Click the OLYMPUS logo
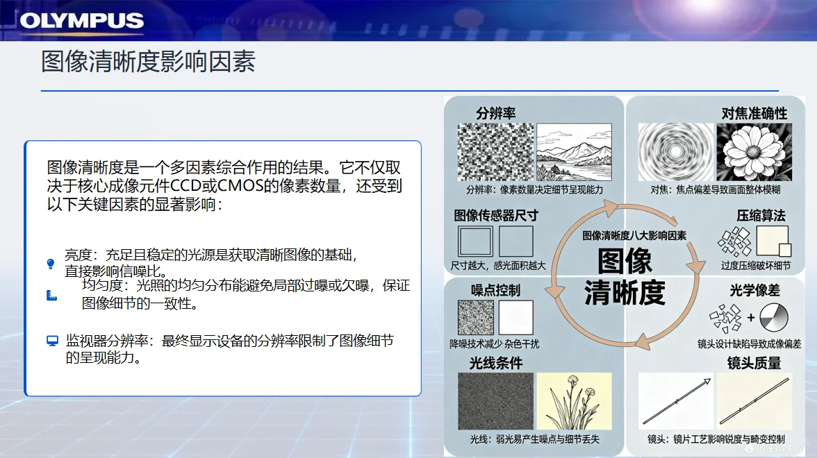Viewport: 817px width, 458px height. pyautogui.click(x=81, y=21)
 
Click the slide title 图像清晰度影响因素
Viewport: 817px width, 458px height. pyautogui.click(x=148, y=62)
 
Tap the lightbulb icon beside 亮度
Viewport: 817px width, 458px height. pyautogui.click(x=50, y=264)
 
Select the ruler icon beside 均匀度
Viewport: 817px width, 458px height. pyautogui.click(x=51, y=296)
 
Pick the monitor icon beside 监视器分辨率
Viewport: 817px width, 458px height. pyautogui.click(x=52, y=340)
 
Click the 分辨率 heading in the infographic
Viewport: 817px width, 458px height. pyautogui.click(x=496, y=113)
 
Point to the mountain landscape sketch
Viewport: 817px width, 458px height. pyautogui.click(x=575, y=152)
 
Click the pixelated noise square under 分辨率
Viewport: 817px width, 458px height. pyautogui.click(x=495, y=152)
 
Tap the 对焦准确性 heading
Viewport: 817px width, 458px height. pyautogui.click(x=754, y=113)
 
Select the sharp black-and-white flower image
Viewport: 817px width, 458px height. pyautogui.click(x=754, y=153)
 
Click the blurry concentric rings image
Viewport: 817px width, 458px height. pyautogui.click(x=676, y=153)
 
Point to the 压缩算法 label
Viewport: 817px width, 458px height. pyautogui.click(x=761, y=216)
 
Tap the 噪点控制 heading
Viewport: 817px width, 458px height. pyautogui.click(x=495, y=290)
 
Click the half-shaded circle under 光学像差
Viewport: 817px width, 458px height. pyautogui.click(x=774, y=319)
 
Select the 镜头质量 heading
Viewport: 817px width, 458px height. pyautogui.click(x=754, y=363)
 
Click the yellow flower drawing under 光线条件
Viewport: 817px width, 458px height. pyautogui.click(x=574, y=401)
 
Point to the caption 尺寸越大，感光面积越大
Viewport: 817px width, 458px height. pyautogui.click(x=498, y=265)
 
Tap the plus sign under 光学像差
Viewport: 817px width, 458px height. pyautogui.click(x=750, y=319)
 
